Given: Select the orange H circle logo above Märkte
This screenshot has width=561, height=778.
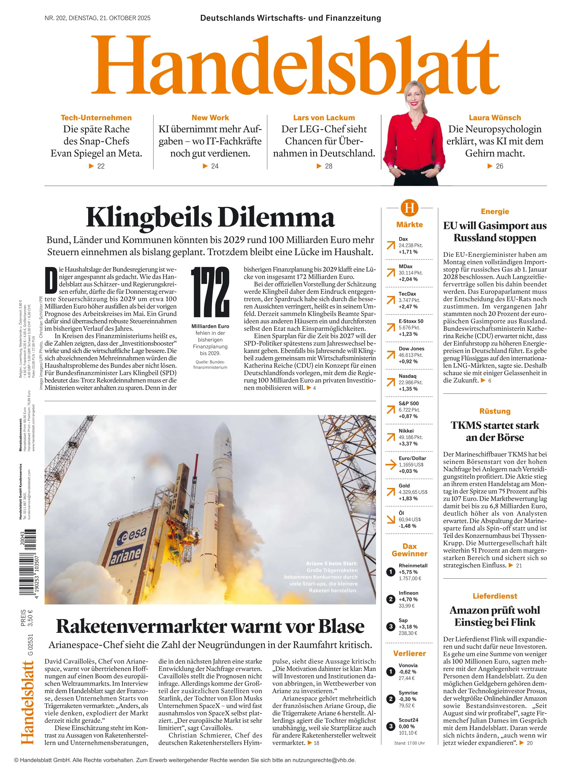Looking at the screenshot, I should (409, 208).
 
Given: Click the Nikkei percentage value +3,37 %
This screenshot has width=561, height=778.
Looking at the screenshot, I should (408, 444).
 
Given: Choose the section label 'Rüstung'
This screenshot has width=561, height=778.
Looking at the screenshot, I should (495, 411).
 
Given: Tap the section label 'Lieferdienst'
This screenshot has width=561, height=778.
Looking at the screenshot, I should (495, 596).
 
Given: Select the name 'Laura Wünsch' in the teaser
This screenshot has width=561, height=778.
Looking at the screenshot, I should (495, 118).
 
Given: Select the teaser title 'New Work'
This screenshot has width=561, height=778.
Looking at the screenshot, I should (210, 118).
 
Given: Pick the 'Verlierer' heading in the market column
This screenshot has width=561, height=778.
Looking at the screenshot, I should (409, 653).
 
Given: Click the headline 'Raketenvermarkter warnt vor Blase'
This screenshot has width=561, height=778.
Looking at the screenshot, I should (210, 626).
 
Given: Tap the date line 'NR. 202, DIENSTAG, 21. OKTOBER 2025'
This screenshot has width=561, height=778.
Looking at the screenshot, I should (97, 18).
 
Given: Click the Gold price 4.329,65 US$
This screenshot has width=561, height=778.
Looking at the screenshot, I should (413, 492).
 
